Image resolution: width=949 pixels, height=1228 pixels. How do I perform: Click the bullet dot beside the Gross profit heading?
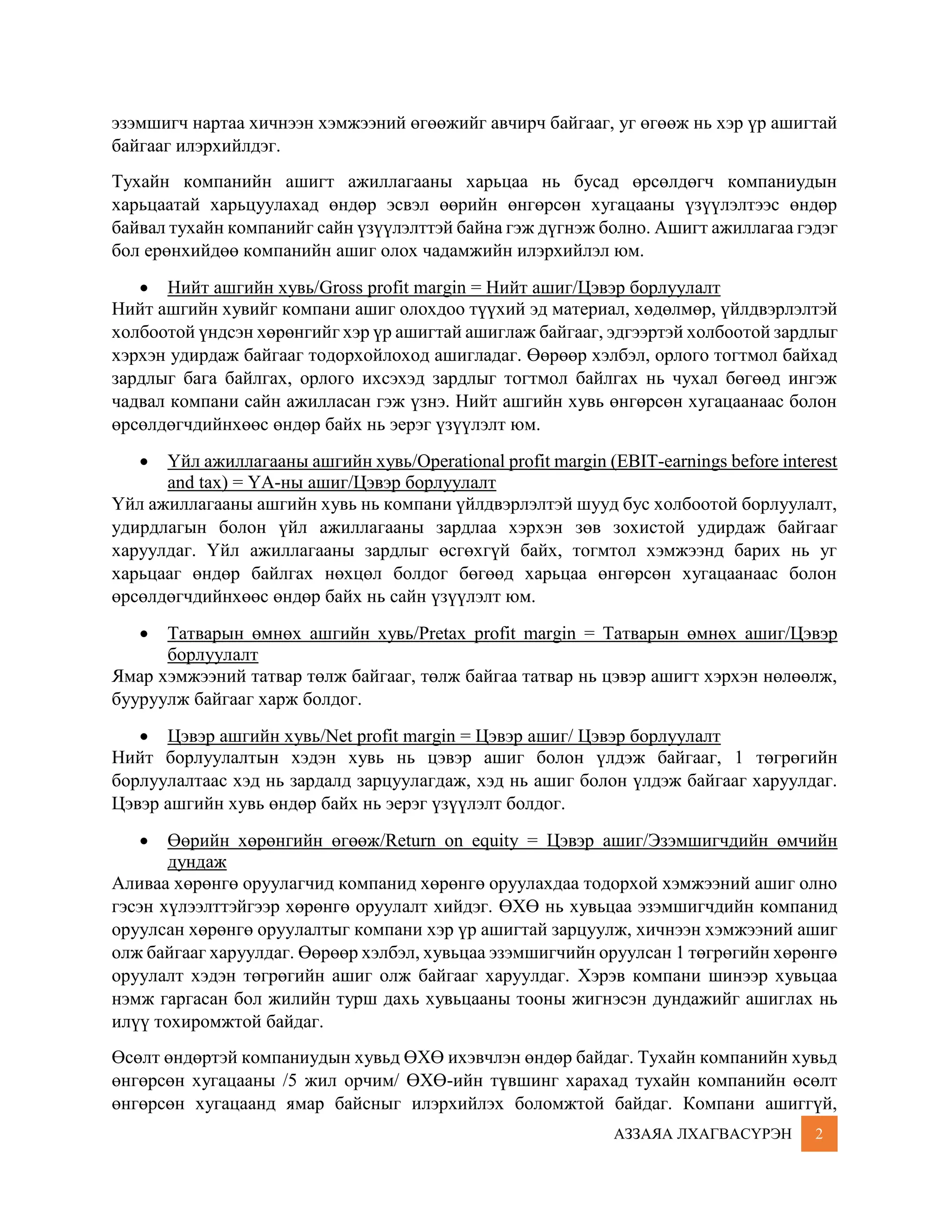coord(145,288)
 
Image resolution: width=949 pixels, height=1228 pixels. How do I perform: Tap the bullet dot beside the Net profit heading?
coord(145,737)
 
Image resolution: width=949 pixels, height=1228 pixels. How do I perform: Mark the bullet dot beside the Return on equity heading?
coord(145,841)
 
